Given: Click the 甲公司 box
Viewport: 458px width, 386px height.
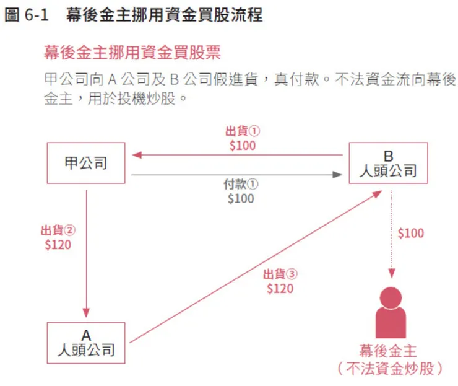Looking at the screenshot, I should click(86, 163).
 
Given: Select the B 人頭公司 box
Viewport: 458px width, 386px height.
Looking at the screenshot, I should click(388, 163).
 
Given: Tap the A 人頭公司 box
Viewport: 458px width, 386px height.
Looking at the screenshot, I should click(86, 343).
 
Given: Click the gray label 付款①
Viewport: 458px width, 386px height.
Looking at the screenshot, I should click(241, 185).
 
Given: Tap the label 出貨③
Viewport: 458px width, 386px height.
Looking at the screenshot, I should click(280, 274).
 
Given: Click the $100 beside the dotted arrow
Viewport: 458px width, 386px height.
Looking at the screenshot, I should click(411, 234).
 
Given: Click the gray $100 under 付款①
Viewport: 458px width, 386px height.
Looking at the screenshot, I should click(241, 199).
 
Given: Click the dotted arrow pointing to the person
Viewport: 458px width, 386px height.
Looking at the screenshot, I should click(391, 235).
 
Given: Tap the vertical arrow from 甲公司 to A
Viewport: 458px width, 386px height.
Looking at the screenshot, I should click(86, 254).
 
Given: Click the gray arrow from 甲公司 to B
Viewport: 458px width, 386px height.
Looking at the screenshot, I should click(235, 175).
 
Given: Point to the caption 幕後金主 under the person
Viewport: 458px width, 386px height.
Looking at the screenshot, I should click(391, 350).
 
